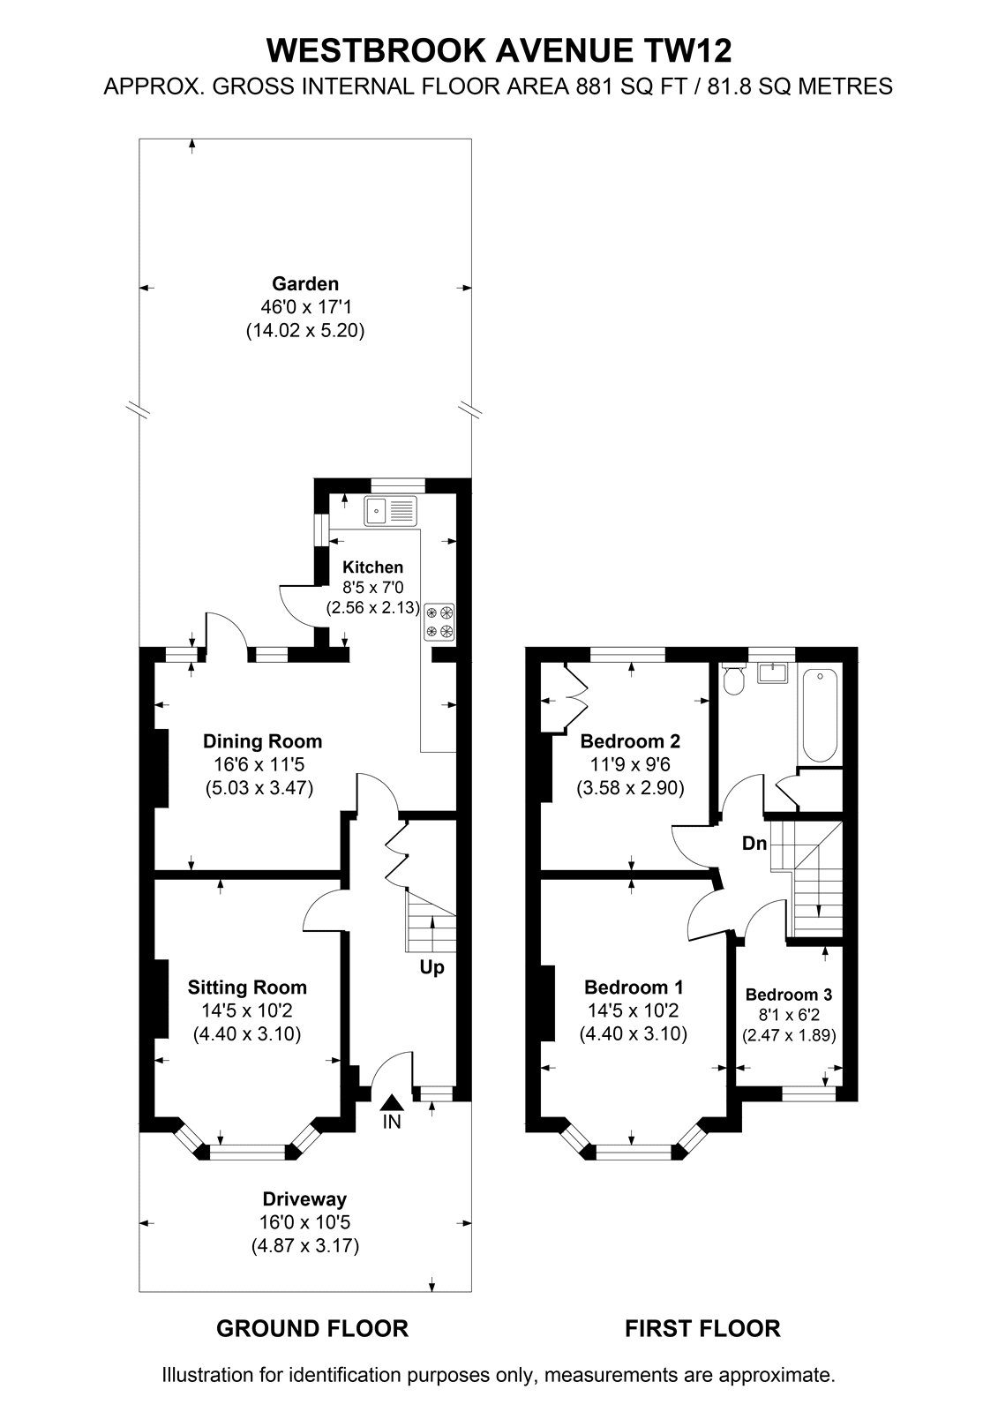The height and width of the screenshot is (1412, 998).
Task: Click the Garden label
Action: pyautogui.click(x=305, y=283)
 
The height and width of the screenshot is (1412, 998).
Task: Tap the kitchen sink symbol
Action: pyautogui.click(x=390, y=511)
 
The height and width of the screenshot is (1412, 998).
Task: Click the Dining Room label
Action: pyautogui.click(x=262, y=740)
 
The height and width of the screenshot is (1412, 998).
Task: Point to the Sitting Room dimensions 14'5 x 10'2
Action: pyautogui.click(x=247, y=1010)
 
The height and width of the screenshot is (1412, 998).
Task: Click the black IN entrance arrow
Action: pyautogui.click(x=392, y=1102)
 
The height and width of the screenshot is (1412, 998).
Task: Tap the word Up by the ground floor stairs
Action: pyautogui.click(x=431, y=967)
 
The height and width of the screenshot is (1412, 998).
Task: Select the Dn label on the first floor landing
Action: pyautogui.click(x=754, y=843)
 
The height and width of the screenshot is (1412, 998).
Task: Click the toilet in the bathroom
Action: pyautogui.click(x=733, y=680)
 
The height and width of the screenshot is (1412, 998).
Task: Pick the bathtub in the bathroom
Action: pyautogui.click(x=820, y=716)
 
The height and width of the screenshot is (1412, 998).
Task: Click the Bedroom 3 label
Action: pyautogui.click(x=789, y=994)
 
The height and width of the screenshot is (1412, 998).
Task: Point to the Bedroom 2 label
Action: pyautogui.click(x=630, y=740)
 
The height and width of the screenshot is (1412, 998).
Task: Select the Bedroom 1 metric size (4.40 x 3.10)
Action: pyautogui.click(x=633, y=1033)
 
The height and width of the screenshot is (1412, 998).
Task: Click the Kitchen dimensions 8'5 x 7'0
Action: pyautogui.click(x=373, y=588)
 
